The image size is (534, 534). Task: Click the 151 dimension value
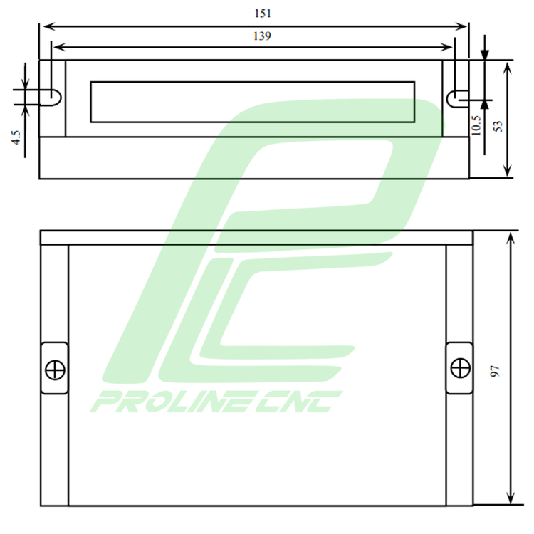click(263, 14)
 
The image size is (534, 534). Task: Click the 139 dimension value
click(262, 36)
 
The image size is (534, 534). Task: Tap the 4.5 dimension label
click(16, 137)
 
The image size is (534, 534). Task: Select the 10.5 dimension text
click(476, 125)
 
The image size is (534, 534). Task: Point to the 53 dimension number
click(498, 126)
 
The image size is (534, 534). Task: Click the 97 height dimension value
click(495, 371)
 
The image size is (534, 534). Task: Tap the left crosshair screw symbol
click(55, 370)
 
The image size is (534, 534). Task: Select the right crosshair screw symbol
click(461, 368)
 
